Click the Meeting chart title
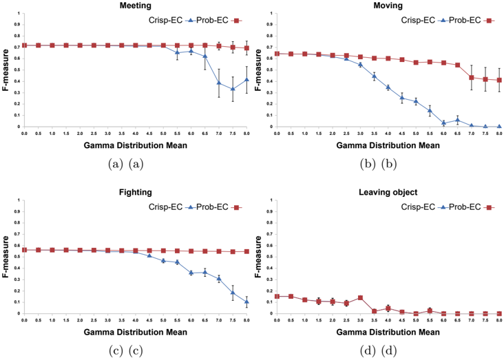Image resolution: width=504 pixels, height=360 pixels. point(136,6)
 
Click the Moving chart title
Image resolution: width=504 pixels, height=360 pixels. point(388,6)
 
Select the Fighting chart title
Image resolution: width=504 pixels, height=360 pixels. point(136,192)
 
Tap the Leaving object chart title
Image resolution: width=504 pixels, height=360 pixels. point(388,192)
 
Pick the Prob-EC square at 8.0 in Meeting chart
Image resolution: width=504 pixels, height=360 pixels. point(246,48)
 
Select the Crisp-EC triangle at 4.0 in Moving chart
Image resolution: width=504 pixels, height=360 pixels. point(388,87)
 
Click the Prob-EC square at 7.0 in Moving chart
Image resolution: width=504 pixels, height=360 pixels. point(472,78)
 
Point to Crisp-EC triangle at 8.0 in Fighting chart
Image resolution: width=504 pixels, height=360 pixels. point(246,301)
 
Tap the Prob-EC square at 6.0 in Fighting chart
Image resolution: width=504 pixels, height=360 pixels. point(191,251)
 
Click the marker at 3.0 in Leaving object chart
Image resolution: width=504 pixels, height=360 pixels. point(360,297)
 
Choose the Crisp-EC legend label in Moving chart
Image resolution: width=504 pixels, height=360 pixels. point(418,20)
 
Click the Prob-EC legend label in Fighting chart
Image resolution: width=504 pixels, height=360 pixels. point(212,207)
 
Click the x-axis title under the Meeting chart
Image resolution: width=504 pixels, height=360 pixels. point(136,145)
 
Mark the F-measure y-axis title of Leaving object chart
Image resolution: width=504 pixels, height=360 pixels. point(258,257)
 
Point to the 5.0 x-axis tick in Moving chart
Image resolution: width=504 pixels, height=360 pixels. point(416,133)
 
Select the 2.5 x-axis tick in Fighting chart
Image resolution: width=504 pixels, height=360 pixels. point(94,320)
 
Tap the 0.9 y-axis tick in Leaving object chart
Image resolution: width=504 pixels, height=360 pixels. point(271,211)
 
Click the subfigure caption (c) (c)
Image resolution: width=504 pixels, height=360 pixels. point(126,350)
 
